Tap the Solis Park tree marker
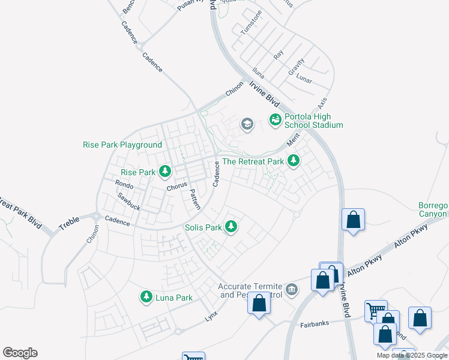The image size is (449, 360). coord(231,227)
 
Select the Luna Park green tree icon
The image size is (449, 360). coord(146,297)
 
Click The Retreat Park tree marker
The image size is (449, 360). coord(293,161)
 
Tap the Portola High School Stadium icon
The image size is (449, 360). coord(275,120)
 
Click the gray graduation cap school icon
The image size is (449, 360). coord(246,124)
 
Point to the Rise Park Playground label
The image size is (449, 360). coord(122,145)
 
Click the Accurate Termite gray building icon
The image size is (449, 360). coord(292,290)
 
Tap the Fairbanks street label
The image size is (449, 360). coord(315,324)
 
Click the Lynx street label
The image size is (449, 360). coord(211,314)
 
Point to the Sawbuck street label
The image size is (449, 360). coord(128,200)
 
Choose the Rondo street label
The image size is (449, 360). coord(124,185)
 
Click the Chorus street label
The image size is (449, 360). coord(177,187)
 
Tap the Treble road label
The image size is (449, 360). coord(69,223)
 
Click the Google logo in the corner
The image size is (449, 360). coord(20,353)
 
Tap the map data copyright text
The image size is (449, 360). coord(412,355)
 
